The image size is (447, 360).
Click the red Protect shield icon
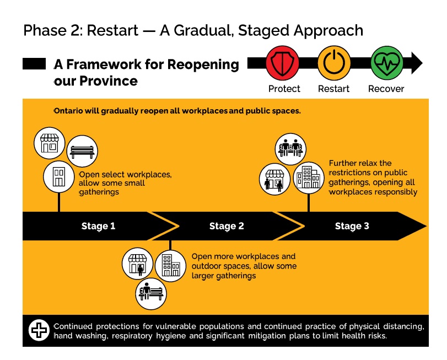[x=282, y=63]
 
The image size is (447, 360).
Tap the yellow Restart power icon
[x=334, y=63]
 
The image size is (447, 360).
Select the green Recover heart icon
[x=387, y=63]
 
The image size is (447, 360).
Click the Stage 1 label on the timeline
[x=98, y=226]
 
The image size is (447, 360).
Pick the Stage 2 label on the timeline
[x=227, y=226]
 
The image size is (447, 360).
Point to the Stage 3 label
[x=352, y=226]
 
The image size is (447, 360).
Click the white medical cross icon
[x=39, y=330]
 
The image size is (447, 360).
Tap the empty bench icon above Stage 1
[x=82, y=151]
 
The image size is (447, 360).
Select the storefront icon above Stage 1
[x=49, y=143]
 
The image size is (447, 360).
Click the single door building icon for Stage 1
[x=59, y=177]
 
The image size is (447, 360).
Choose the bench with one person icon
[x=151, y=294]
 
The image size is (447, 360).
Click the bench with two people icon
[x=290, y=149]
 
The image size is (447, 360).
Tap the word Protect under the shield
[x=284, y=89]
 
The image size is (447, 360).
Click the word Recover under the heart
[x=386, y=89]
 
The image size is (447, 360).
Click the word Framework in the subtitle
[x=104, y=64]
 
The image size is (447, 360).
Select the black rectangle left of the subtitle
[x=34, y=63]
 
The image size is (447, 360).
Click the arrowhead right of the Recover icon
[x=417, y=63]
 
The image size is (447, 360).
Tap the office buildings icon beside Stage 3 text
[x=309, y=178]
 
